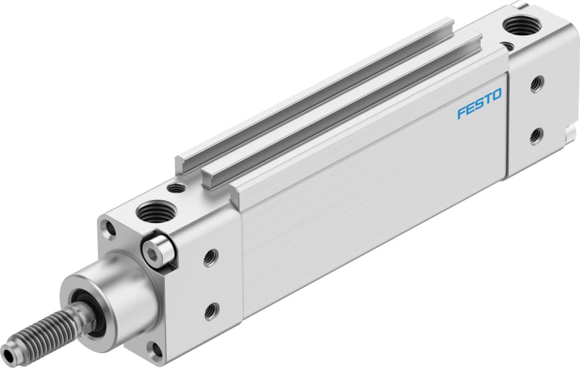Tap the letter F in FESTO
click(462, 113)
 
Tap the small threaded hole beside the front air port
click(176, 188)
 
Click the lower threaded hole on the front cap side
click(211, 311)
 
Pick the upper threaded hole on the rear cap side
click(536, 84)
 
